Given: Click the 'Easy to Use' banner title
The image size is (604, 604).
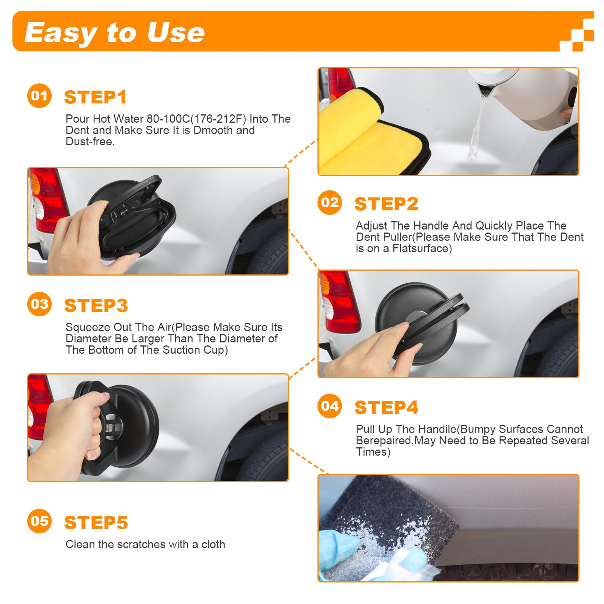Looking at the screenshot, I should pos(114,32).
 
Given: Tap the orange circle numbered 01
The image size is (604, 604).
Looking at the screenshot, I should pos(39,96).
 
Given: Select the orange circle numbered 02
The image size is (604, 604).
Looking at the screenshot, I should pos(330,203).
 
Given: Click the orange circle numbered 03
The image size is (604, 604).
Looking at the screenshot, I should pos(39,304).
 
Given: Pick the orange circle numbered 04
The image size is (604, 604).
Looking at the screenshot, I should pos(330,406).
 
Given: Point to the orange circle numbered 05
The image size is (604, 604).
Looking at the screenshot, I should pos(39,521).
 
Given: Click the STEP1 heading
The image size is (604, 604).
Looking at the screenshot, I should pos(95,97).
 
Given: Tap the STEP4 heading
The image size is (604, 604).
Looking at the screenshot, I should pos(386,408).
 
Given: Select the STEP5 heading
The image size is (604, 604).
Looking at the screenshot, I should pos(96,523).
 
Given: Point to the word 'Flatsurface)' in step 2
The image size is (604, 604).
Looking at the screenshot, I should pos(422,248).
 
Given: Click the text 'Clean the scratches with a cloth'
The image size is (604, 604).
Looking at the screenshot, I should pos(145,544).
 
